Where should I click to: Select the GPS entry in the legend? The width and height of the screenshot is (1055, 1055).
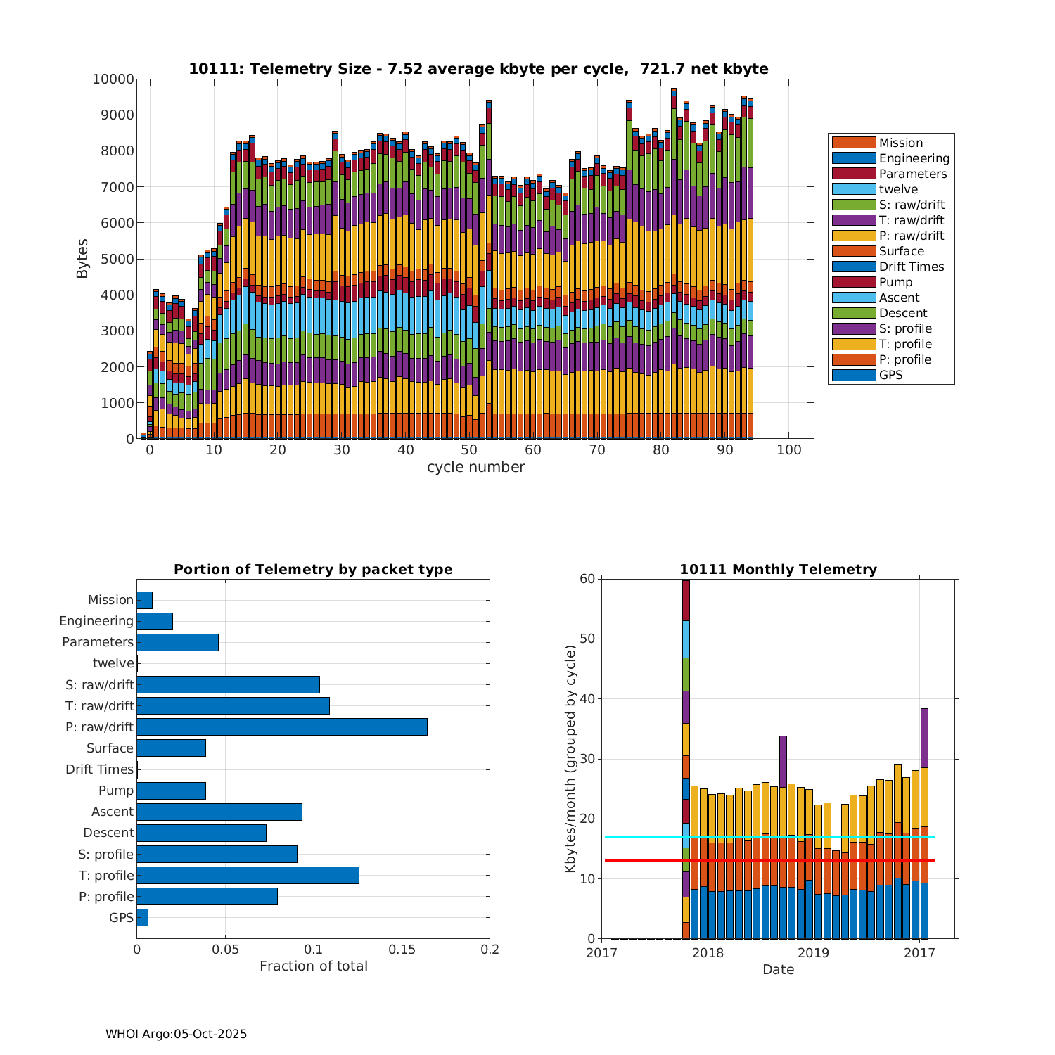[890, 375]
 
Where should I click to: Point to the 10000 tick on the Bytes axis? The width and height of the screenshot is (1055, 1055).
[113, 79]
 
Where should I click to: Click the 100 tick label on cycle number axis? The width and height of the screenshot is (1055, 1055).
[788, 450]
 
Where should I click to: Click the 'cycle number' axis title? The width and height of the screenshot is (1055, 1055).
[475, 467]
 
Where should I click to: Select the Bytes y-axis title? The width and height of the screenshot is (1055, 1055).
[82, 259]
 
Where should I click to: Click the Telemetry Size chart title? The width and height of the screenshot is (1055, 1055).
[478, 69]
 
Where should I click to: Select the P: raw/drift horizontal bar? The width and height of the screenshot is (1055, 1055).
[281, 727]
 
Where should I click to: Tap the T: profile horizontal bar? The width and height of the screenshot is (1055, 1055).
[248, 875]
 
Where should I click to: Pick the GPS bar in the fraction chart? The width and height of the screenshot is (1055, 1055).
[142, 917]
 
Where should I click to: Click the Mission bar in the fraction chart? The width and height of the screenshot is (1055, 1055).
[144, 600]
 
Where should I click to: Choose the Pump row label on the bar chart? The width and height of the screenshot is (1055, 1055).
[115, 791]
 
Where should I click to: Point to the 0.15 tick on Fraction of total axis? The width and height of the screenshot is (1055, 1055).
[402, 949]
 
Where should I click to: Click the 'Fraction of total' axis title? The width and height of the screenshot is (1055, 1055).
[314, 966]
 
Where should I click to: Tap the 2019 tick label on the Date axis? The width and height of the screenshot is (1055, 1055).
[814, 953]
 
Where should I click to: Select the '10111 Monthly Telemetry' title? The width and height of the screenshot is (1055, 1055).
[778, 570]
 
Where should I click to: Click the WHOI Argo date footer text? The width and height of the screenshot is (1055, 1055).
[176, 1034]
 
